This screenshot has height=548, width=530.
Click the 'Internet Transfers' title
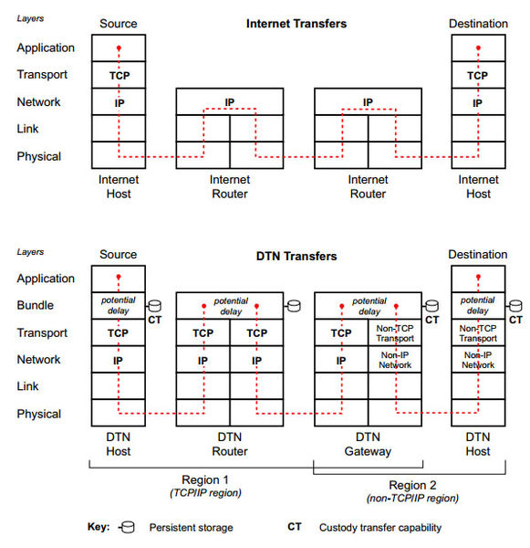coord(296,24)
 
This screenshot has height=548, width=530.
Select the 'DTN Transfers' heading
coord(296,256)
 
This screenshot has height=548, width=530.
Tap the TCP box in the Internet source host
coord(119,75)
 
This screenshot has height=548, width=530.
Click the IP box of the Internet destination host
coord(478,101)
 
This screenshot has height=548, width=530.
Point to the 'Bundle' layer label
coord(36,305)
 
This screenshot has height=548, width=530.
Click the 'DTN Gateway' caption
coord(368,444)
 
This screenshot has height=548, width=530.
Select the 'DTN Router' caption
coord(229,444)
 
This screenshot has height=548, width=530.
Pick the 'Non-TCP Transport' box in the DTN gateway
coord(394,332)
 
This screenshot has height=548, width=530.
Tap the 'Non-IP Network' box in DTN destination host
coord(478,360)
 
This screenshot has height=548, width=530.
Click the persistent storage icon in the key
coord(127,527)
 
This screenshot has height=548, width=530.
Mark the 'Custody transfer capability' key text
coord(379,527)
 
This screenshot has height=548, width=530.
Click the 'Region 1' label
coord(205,479)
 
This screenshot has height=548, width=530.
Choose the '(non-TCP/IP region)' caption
coord(412,498)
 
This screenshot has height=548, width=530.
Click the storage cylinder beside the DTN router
coord(294,306)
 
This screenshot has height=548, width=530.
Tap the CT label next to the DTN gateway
coord(431,320)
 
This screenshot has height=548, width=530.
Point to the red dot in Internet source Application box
coord(119,47)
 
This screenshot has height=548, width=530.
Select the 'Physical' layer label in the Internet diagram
coord(38,156)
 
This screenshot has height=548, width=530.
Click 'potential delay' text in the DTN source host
coord(119,305)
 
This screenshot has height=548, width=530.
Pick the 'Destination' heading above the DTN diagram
coord(478,254)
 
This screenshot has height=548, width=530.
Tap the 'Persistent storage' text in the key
coord(191,527)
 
